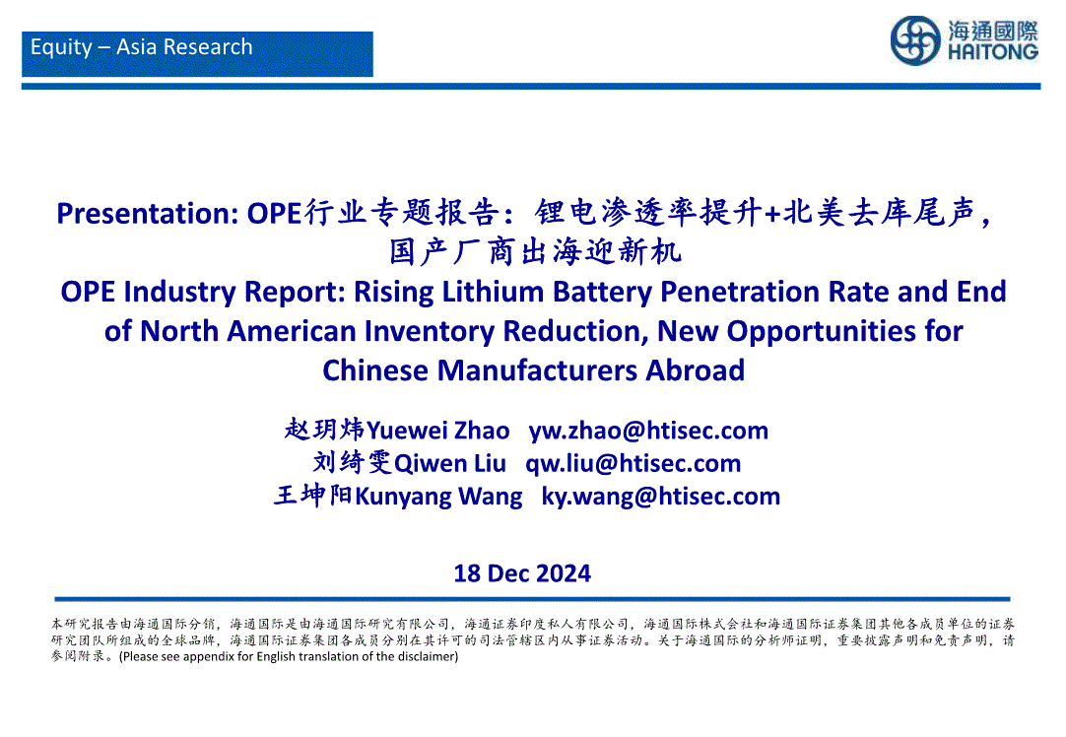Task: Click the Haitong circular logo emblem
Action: point(915,40)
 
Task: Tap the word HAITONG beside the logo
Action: point(992,52)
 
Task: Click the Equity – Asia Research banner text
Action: point(142,47)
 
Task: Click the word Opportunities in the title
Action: point(821,332)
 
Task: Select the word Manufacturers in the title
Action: point(537,370)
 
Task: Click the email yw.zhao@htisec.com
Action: point(648,431)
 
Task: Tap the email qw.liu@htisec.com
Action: point(633,464)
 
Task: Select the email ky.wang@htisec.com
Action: point(661,497)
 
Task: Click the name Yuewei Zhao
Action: point(437,431)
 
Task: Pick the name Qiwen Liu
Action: point(450,464)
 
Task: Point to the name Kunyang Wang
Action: point(439,497)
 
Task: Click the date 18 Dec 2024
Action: point(522,573)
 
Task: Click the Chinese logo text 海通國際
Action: point(993,31)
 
